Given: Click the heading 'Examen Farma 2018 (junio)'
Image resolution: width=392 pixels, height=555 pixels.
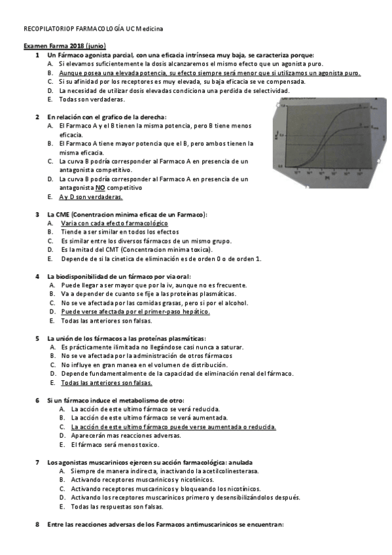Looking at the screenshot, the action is (x=64, y=46).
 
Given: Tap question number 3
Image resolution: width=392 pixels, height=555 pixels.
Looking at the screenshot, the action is (x=37, y=214).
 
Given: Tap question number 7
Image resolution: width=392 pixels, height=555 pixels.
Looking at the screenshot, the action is (x=37, y=462).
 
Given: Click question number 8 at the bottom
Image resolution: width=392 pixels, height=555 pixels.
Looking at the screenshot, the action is (x=37, y=524).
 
